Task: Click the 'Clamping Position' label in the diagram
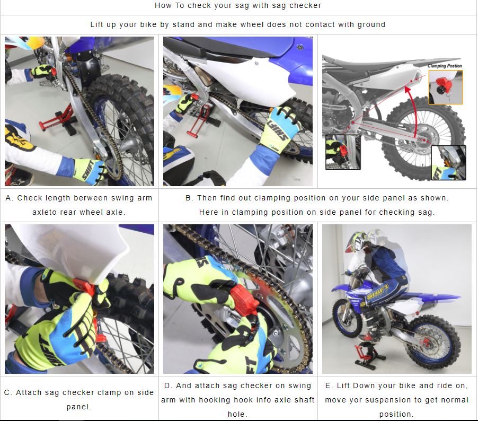[x=445, y=66]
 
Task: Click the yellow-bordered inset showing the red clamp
[x=446, y=87]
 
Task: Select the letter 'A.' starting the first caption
[x=10, y=198]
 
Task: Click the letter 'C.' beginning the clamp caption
[x=8, y=392]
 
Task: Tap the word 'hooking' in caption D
[x=211, y=400]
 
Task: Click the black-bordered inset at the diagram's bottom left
[x=343, y=152]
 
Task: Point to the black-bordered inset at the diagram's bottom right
[x=448, y=163]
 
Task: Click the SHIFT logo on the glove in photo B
[x=278, y=132]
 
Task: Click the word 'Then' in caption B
[x=205, y=198]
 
